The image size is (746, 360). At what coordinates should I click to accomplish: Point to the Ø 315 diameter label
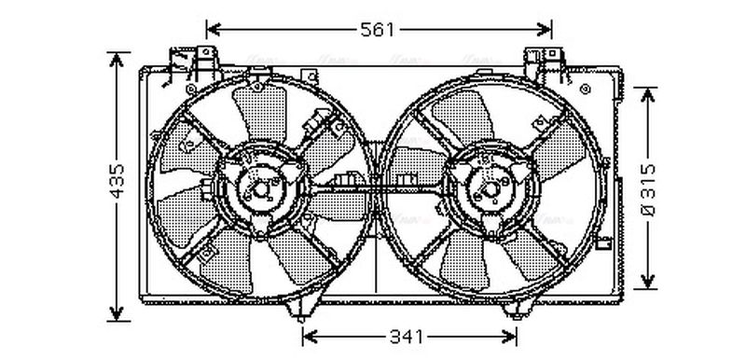[x=650, y=187]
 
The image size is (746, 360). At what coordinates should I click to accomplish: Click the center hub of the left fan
[x=259, y=189]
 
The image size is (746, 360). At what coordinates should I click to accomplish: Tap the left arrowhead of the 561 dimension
[x=212, y=29]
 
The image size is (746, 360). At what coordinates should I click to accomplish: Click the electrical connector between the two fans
[x=350, y=178]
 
